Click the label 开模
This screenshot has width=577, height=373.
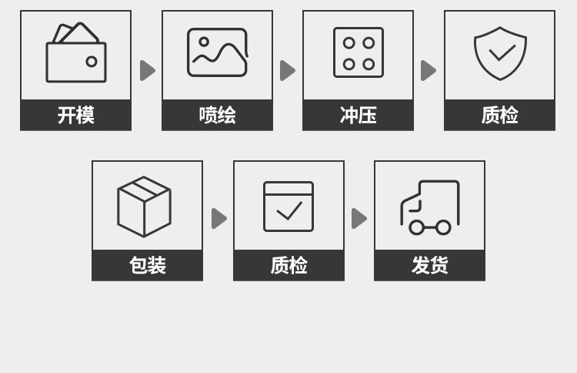click(x=75, y=115)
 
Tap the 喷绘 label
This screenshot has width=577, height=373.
click(x=217, y=115)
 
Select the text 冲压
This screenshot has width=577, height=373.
click(x=358, y=115)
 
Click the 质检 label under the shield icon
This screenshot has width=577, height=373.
click(x=499, y=115)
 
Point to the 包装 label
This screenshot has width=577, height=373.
click(x=147, y=265)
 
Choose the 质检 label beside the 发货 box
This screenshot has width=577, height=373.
click(x=288, y=265)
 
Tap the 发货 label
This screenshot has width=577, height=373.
click(x=429, y=265)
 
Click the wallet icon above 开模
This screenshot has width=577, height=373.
click(x=75, y=53)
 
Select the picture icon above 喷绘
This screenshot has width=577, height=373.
click(x=217, y=52)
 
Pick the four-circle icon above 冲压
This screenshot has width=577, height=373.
click(x=358, y=52)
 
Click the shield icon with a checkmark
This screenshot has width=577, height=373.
click(x=500, y=53)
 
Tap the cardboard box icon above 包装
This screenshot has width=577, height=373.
click(x=144, y=207)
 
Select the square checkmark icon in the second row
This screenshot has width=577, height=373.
click(x=288, y=207)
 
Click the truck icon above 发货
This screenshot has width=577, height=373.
click(x=429, y=207)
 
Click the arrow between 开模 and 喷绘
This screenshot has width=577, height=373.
click(x=147, y=70)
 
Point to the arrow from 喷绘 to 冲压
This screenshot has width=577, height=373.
click(x=287, y=70)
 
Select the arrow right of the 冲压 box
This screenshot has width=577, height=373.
click(x=428, y=70)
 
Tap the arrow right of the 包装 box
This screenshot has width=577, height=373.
click(x=218, y=218)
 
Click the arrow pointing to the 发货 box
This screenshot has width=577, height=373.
click(x=359, y=218)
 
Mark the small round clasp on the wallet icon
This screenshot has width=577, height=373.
click(x=92, y=62)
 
